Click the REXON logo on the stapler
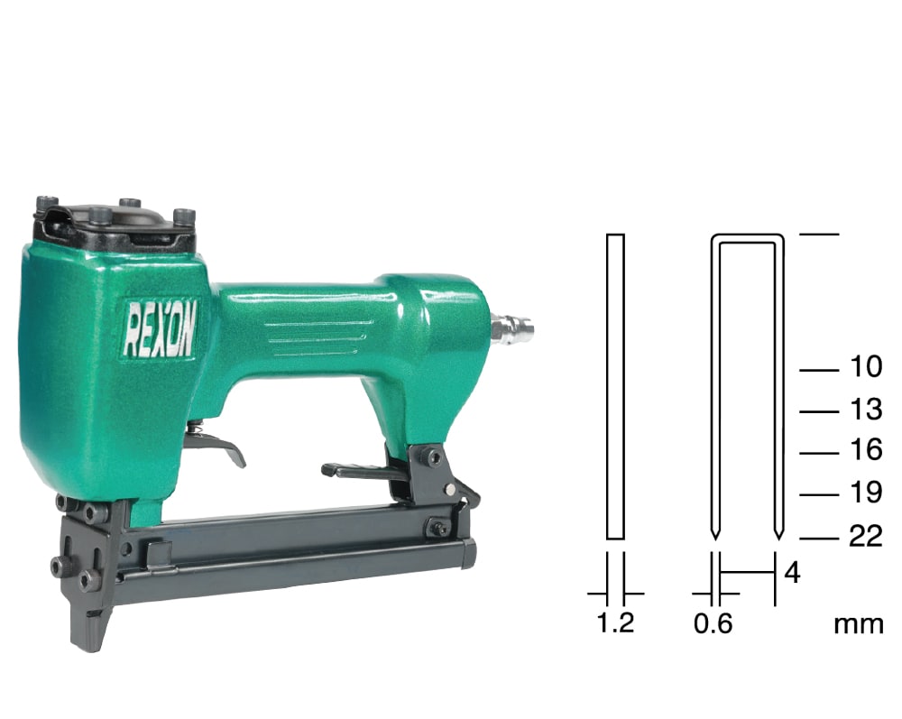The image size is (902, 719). pyautogui.click(x=160, y=327)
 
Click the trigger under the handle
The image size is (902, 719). pyautogui.click(x=216, y=444)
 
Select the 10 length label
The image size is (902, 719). pyautogui.click(x=866, y=366)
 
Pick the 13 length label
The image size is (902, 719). pyautogui.click(x=866, y=409)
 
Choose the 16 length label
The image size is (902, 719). pyautogui.click(x=866, y=450)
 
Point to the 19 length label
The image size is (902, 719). pyautogui.click(x=866, y=492)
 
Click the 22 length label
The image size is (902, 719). pyautogui.click(x=866, y=536)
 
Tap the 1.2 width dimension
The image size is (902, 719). pyautogui.click(x=616, y=622)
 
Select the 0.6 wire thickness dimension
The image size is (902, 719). pyautogui.click(x=713, y=623)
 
